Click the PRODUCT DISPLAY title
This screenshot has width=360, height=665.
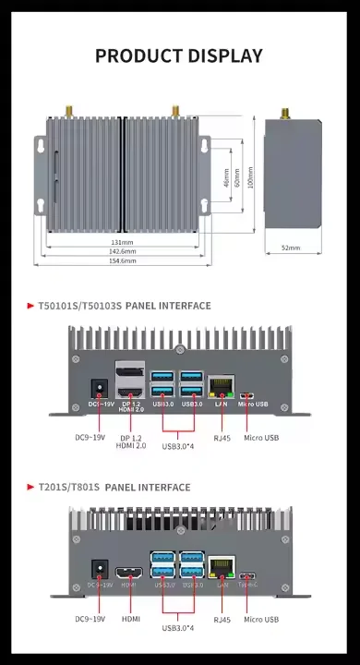179,56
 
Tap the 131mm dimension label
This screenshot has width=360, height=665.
123,242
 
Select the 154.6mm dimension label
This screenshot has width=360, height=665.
123,261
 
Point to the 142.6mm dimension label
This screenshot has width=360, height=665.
123,251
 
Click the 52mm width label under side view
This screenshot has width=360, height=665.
291,248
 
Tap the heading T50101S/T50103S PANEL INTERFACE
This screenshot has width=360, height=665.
125,306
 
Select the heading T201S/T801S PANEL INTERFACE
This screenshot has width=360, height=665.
114,487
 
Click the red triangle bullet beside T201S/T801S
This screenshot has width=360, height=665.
30,487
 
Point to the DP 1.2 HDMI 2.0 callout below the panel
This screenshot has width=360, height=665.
132,441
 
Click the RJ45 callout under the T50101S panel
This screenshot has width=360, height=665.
222,438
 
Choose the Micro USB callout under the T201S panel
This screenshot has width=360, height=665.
261,619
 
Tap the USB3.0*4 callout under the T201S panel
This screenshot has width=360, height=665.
179,628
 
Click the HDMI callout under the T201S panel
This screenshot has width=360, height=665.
131,619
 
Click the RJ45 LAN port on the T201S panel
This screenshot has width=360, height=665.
222,567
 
